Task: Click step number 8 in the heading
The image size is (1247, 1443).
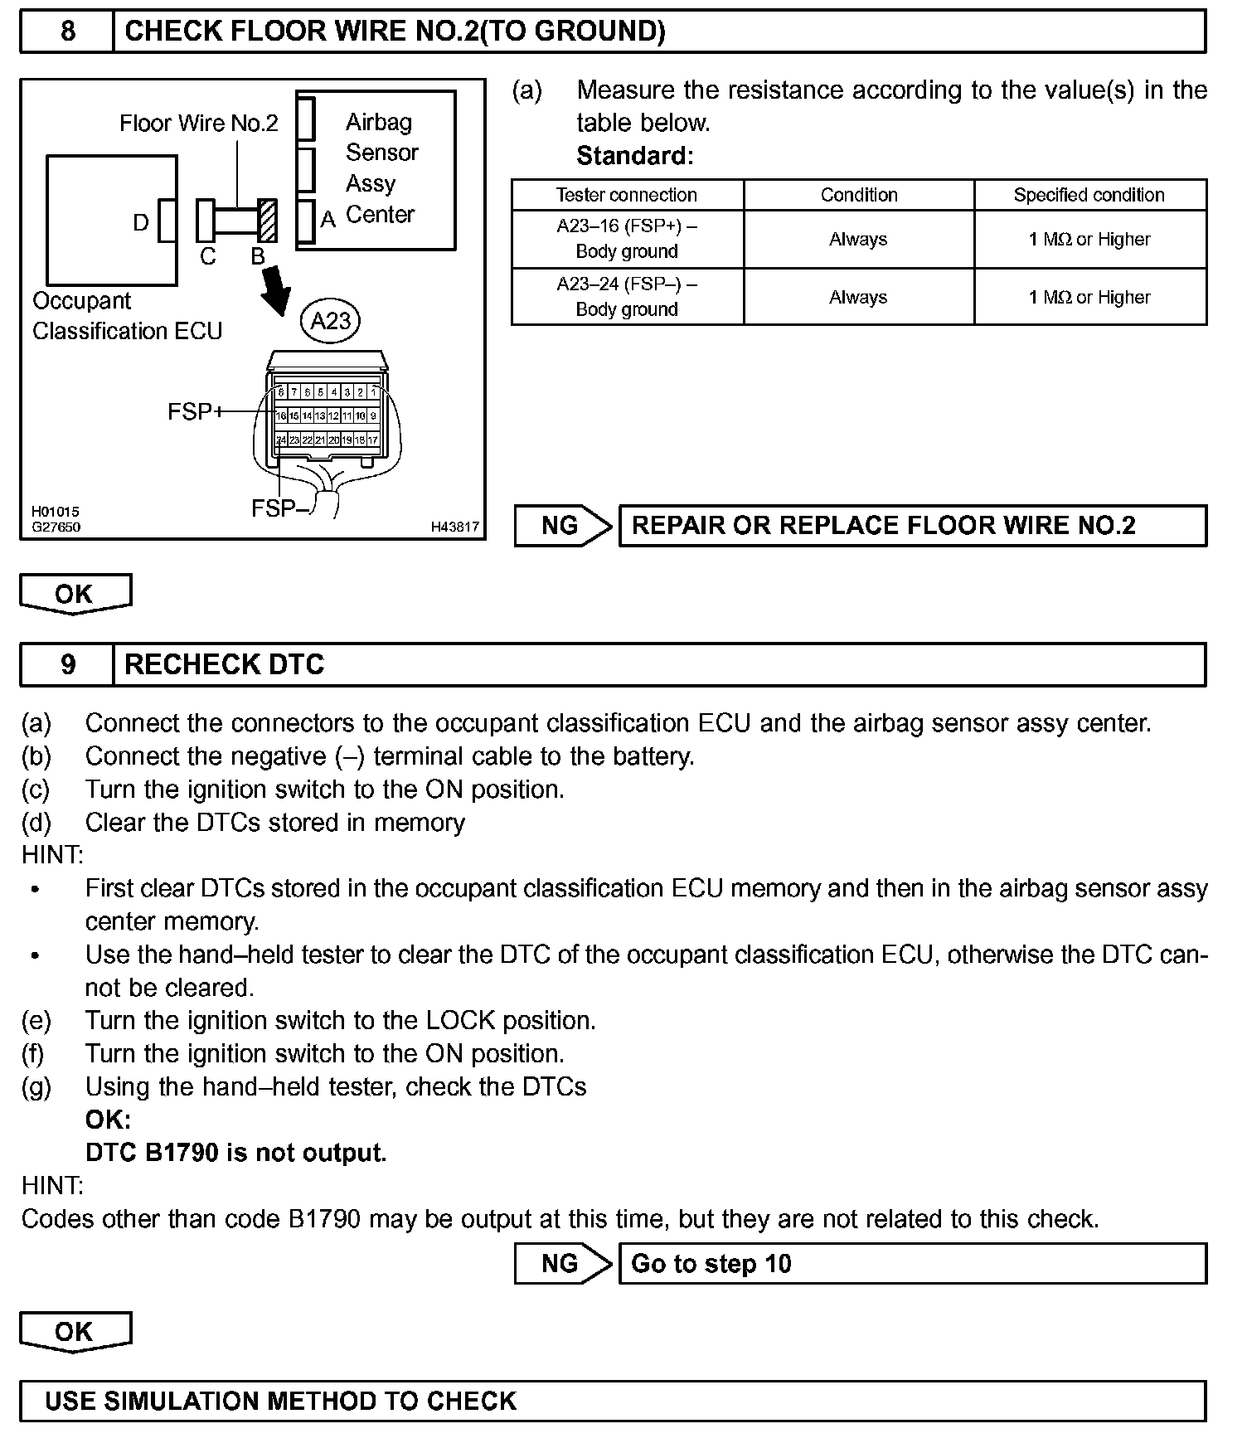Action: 67,32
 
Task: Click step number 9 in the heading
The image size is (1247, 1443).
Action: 67,664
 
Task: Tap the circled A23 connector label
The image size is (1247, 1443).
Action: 330,320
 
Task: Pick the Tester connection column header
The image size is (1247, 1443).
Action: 627,195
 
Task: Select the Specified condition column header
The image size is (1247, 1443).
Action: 1089,195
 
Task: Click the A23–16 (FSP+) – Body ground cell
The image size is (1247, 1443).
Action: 627,239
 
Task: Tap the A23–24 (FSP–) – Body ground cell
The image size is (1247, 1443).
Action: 627,297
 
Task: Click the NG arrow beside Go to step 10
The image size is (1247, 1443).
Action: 563,1263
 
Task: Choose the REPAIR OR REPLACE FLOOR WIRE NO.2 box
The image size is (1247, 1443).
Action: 912,526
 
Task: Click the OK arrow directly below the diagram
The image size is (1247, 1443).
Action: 75,594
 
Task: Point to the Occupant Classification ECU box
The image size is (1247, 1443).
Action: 111,221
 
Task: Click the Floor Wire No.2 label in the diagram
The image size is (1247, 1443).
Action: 199,124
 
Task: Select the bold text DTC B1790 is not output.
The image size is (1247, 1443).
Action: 236,1153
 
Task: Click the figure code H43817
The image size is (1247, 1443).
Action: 454,527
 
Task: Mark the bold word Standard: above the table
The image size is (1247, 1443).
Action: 634,156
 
